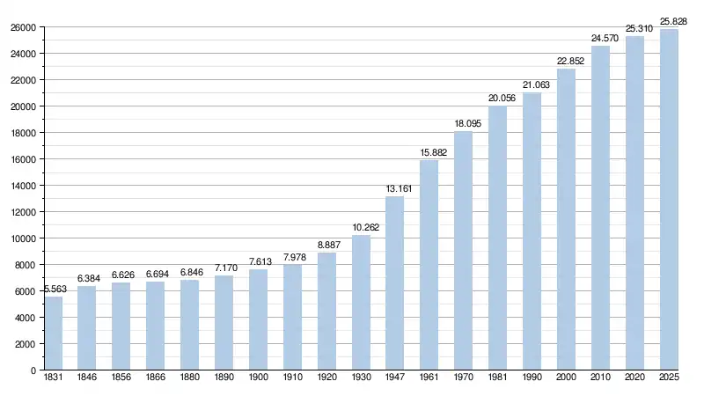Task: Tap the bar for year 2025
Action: [670, 200]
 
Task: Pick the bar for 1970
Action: [464, 251]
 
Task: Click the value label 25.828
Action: [673, 20]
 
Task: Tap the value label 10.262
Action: [361, 226]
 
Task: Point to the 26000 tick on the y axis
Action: [23, 27]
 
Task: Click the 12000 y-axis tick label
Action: [23, 212]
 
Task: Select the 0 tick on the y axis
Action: [33, 370]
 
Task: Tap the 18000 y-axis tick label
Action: [23, 133]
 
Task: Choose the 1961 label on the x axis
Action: [429, 378]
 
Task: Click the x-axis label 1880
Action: [189, 378]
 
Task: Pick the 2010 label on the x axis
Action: [601, 378]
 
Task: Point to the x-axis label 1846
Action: [86, 378]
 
